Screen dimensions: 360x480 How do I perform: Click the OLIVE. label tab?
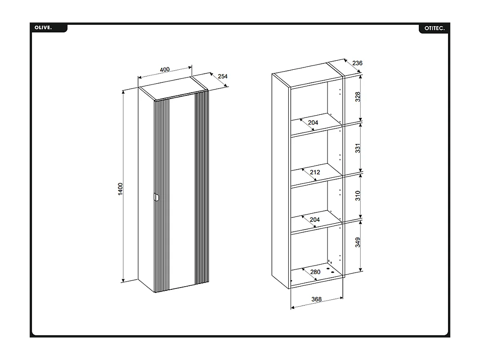pos(43,28)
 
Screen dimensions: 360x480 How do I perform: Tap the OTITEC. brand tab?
pos(434,28)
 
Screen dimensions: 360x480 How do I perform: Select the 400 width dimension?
pos(165,70)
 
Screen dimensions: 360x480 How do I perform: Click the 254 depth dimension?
pos(223,76)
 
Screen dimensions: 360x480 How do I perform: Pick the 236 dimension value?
pos(357,63)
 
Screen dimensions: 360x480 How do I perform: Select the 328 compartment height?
pos(358,97)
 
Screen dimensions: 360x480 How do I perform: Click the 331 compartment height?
pos(358,148)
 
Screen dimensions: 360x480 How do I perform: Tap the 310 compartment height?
pos(358,195)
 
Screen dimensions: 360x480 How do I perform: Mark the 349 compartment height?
pos(358,243)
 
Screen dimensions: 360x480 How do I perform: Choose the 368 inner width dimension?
pos(316,299)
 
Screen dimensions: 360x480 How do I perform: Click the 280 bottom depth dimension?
pos(315,272)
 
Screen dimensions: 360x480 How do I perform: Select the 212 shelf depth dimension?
pos(315,172)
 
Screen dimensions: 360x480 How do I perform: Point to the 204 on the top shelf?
pos(313,122)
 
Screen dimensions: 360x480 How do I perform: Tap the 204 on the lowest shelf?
pos(315,220)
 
